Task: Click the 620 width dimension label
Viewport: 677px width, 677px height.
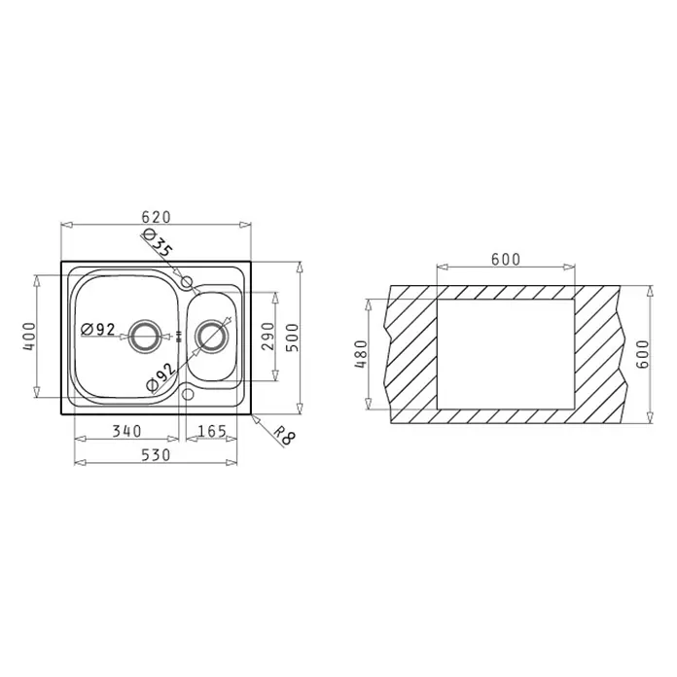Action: pos(156,217)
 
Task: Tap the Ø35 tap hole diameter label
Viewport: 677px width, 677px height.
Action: pos(158,243)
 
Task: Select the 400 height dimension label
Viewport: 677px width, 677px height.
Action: pos(29,336)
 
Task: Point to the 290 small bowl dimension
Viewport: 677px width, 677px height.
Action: pos(267,336)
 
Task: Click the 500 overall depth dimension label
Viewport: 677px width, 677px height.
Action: pos(293,338)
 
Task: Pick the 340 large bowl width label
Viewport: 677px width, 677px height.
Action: pos(126,431)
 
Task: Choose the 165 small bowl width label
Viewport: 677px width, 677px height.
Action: pos(212,431)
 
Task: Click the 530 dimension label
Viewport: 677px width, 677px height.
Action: pos(156,454)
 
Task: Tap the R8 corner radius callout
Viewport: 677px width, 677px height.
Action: pos(285,435)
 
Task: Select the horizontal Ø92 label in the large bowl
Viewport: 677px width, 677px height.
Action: pos(98,330)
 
